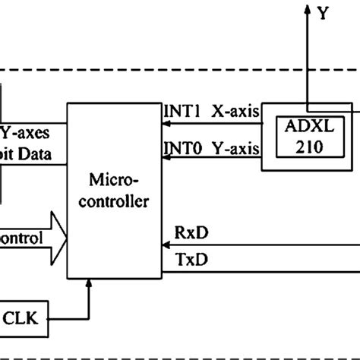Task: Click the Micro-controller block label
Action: tap(115, 192)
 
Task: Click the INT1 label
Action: tap(182, 112)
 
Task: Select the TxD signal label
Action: tap(188, 261)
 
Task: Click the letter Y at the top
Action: tap(324, 13)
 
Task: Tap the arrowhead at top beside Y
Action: tap(307, 9)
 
